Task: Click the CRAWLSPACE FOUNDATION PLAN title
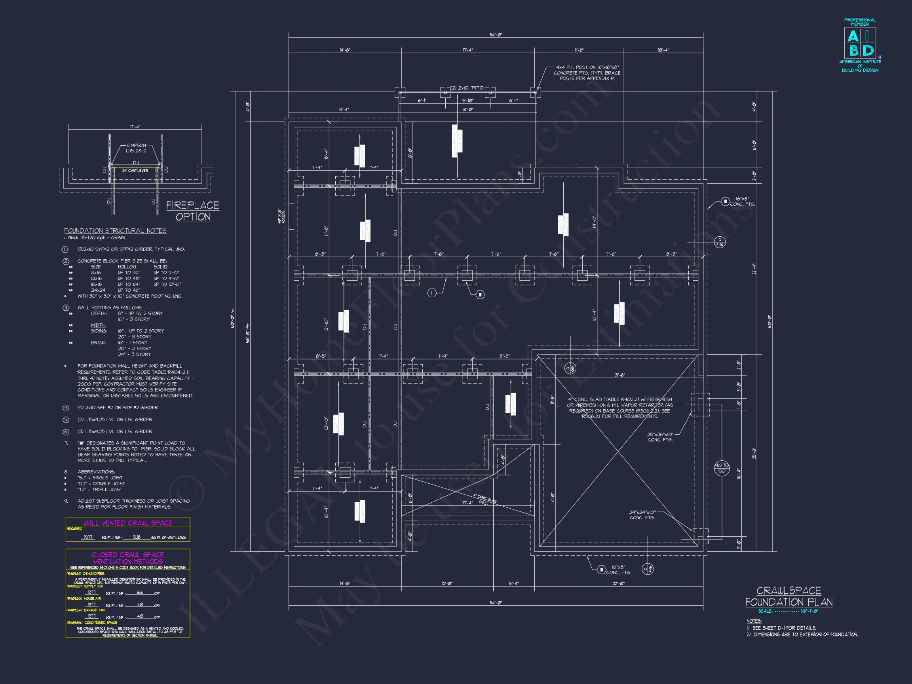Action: click(x=788, y=596)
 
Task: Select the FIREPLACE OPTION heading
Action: click(x=192, y=211)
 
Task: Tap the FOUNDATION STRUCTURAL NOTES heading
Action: click(x=115, y=231)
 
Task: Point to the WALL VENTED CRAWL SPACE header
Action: click(x=127, y=523)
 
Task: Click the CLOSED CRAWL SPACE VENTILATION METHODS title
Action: click(x=127, y=558)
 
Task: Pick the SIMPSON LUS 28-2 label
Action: click(x=136, y=148)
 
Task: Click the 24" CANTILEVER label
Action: click(x=135, y=171)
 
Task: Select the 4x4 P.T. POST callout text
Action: click(x=587, y=72)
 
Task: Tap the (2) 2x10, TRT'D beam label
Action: click(x=467, y=88)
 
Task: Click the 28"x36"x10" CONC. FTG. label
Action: click(x=660, y=437)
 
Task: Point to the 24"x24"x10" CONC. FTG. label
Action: click(x=642, y=515)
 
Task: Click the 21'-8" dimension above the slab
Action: click(x=620, y=375)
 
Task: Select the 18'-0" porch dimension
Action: click(x=467, y=110)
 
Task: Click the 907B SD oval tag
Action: click(x=722, y=468)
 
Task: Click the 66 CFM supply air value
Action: click(x=140, y=593)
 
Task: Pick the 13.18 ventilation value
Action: click(x=136, y=537)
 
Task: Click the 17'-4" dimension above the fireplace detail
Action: click(x=135, y=127)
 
